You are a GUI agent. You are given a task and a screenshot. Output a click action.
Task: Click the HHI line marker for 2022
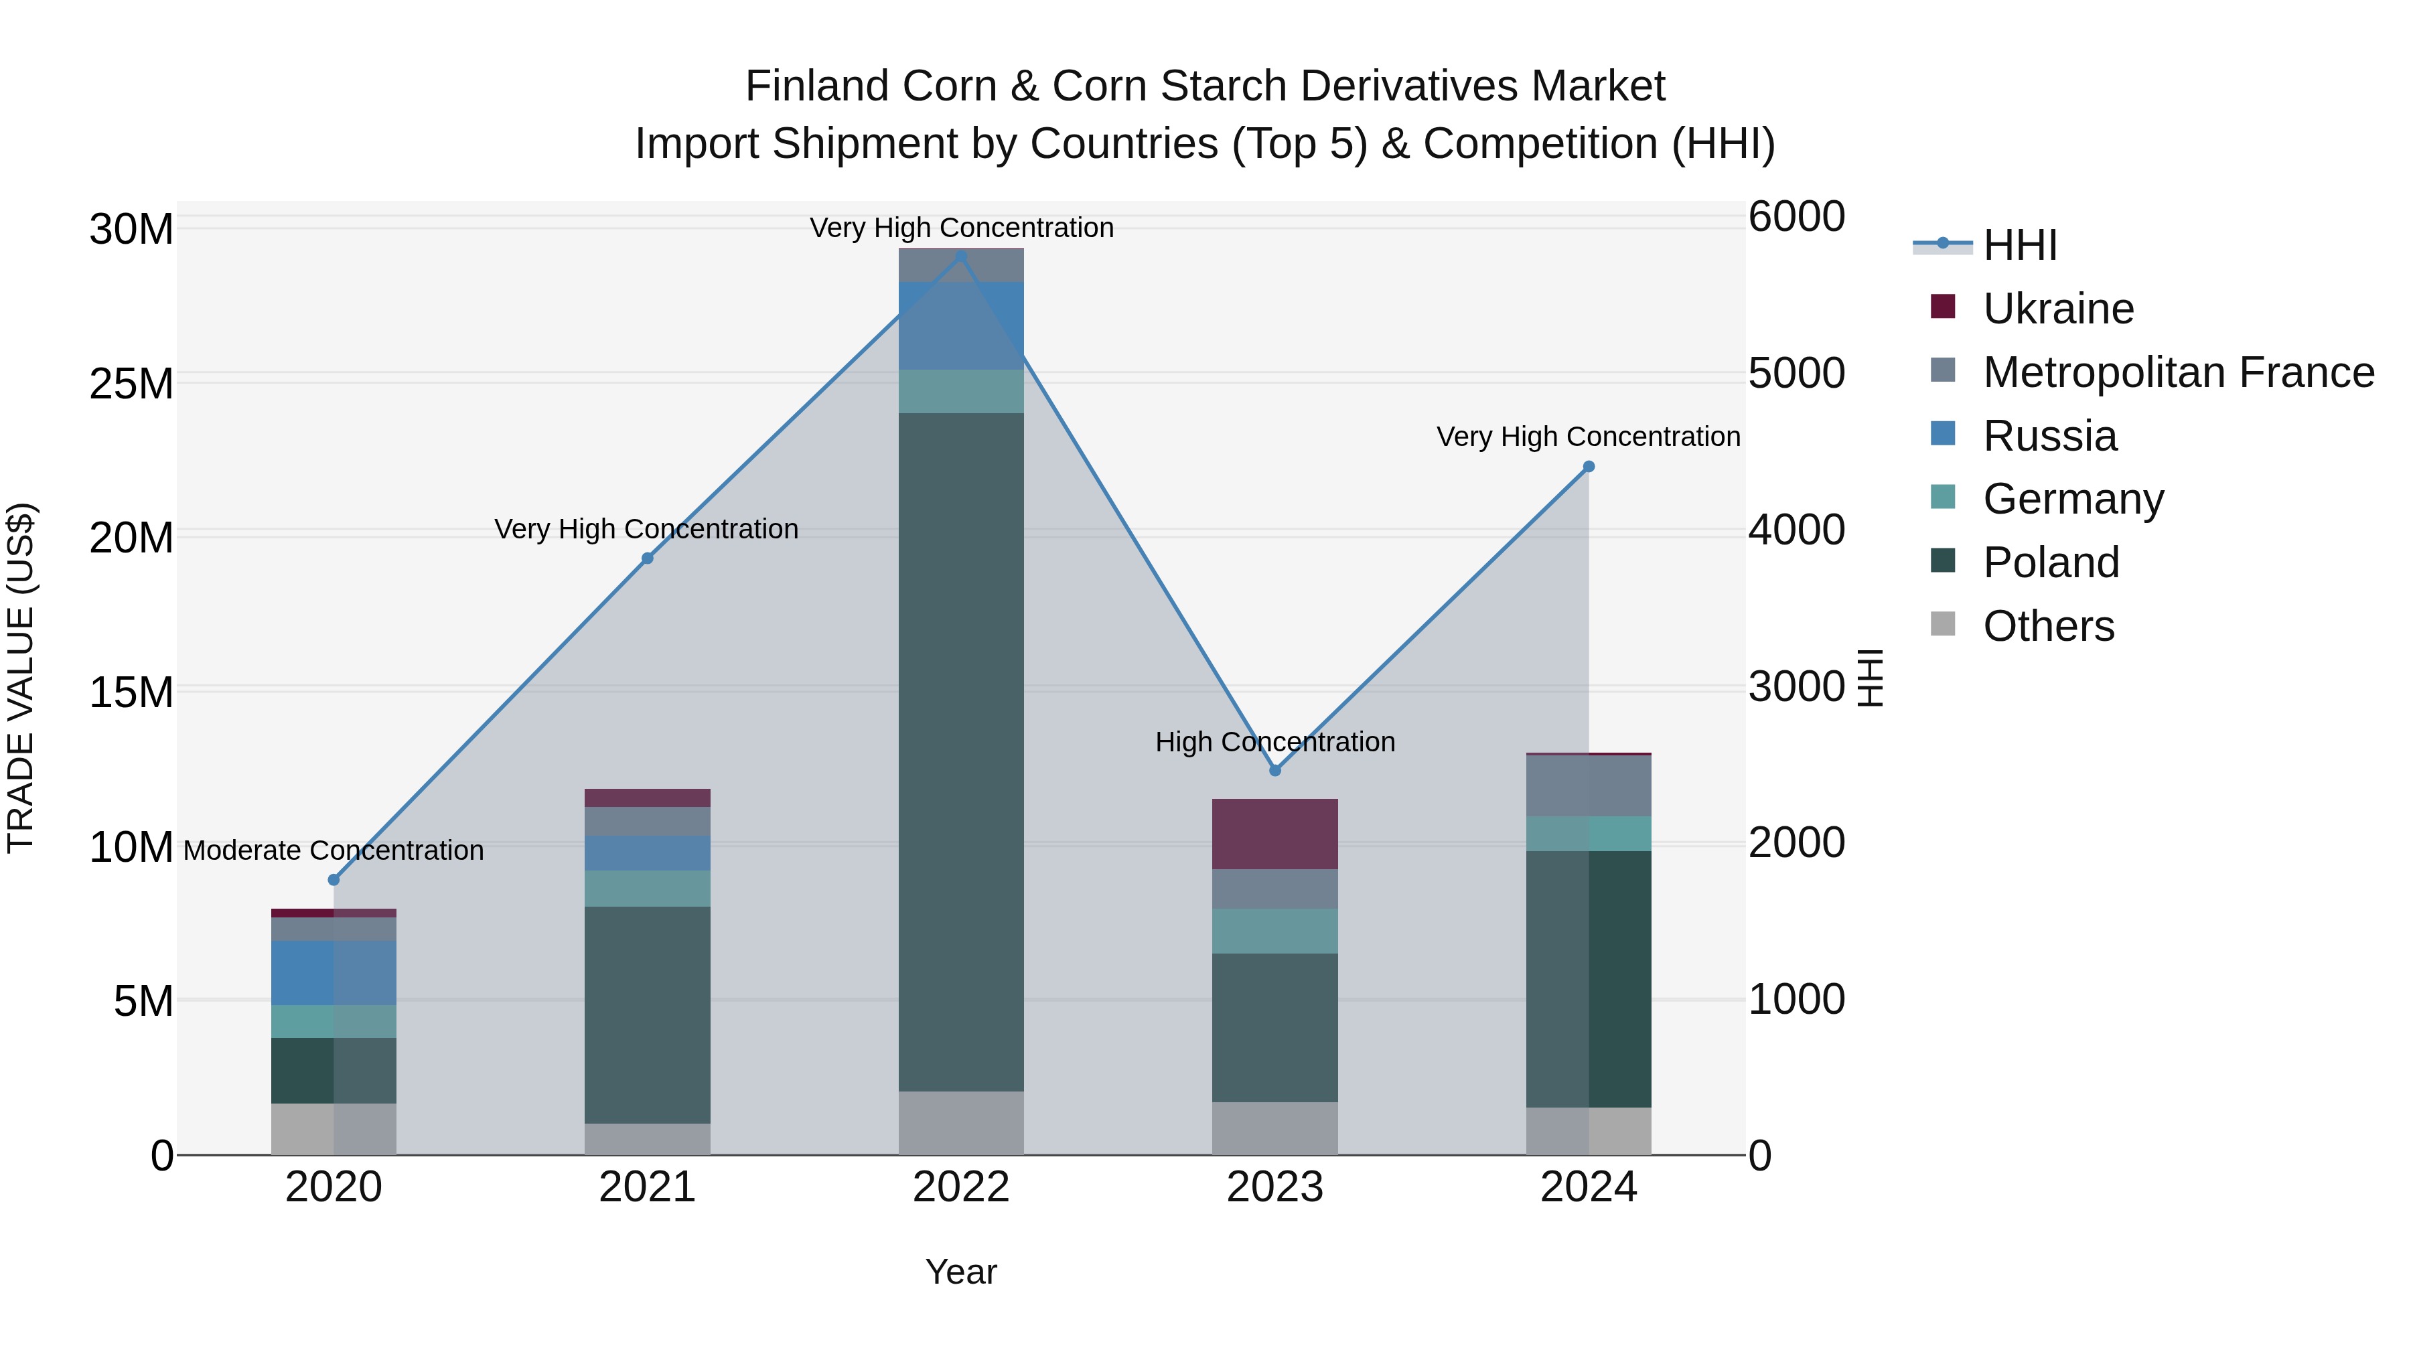pyautogui.click(x=960, y=256)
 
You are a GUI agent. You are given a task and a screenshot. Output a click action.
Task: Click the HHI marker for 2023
pyautogui.click(x=1274, y=770)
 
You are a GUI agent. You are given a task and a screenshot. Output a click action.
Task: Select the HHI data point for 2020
pyautogui.click(x=334, y=880)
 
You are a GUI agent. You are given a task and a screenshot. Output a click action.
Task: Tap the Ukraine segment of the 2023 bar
pyautogui.click(x=1274, y=834)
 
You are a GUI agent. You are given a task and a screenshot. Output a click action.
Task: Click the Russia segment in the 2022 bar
pyautogui.click(x=960, y=325)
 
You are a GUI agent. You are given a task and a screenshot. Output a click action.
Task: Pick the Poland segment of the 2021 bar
pyautogui.click(x=647, y=1014)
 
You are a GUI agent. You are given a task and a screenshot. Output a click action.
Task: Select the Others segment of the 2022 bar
pyautogui.click(x=960, y=1122)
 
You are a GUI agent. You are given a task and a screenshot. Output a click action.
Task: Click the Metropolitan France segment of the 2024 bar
pyautogui.click(x=1589, y=785)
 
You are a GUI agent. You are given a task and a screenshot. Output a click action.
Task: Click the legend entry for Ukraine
pyautogui.click(x=2057, y=309)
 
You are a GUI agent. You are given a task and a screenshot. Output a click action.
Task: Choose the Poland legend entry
pyautogui.click(x=2050, y=562)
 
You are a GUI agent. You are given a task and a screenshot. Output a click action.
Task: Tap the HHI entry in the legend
pyautogui.click(x=2020, y=245)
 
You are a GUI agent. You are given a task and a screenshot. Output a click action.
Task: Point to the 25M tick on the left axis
pyautogui.click(x=131, y=384)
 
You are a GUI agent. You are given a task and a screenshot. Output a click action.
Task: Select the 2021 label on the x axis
pyautogui.click(x=647, y=1187)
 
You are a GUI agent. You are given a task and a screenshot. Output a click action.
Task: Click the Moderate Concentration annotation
pyautogui.click(x=334, y=850)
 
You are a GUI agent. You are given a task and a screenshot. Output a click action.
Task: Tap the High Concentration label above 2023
pyautogui.click(x=1274, y=741)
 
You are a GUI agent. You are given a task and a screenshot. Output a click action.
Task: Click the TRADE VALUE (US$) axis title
pyautogui.click(x=21, y=678)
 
